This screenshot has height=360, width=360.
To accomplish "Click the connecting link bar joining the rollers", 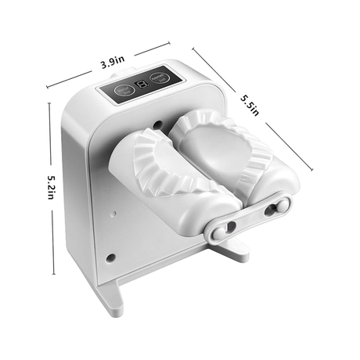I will (246, 218).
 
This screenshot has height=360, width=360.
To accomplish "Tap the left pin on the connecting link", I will (230, 227).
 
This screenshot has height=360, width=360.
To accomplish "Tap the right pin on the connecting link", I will (273, 208).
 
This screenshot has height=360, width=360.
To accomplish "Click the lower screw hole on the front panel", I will (110, 257).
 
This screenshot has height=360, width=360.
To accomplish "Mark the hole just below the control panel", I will (157, 123).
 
